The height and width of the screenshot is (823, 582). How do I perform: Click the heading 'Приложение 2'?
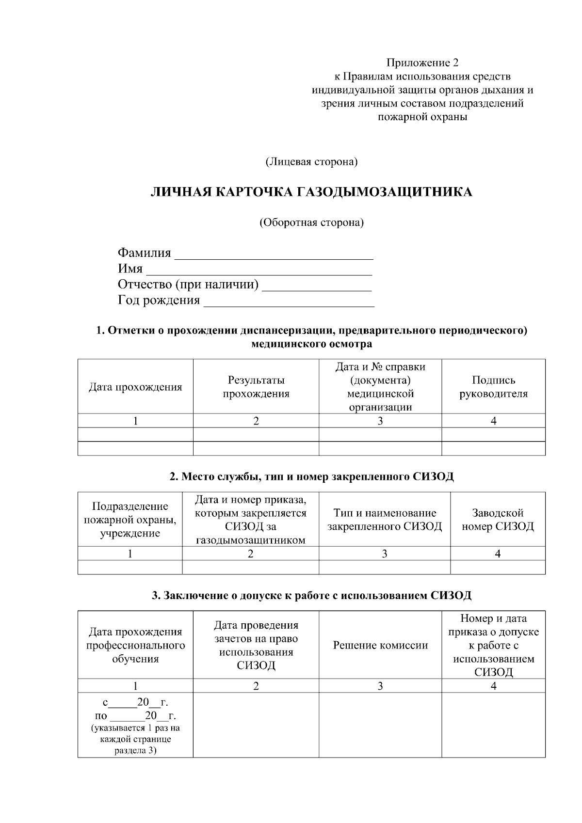click(422, 63)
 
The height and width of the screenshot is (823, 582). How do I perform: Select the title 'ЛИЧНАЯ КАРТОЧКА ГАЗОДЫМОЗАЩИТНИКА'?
click(311, 192)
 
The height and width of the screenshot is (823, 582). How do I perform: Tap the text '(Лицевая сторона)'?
click(311, 162)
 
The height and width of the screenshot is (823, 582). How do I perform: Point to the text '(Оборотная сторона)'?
click(311, 222)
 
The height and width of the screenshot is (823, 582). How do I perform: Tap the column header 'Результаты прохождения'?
click(256, 387)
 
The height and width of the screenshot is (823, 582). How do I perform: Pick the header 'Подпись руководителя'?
click(493, 387)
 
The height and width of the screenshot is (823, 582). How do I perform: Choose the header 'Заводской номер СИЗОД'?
click(498, 520)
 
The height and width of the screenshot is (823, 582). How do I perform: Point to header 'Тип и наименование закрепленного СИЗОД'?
click(385, 520)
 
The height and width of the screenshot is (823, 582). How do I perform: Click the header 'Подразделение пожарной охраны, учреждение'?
click(130, 520)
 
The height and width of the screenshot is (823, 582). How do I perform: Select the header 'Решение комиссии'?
click(380, 645)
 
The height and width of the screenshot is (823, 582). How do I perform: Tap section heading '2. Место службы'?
click(311, 476)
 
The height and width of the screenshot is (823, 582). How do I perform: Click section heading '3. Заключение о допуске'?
click(311, 595)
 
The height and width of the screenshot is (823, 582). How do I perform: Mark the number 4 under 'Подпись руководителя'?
click(493, 421)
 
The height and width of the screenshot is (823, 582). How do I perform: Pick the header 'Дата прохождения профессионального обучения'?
click(135, 645)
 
